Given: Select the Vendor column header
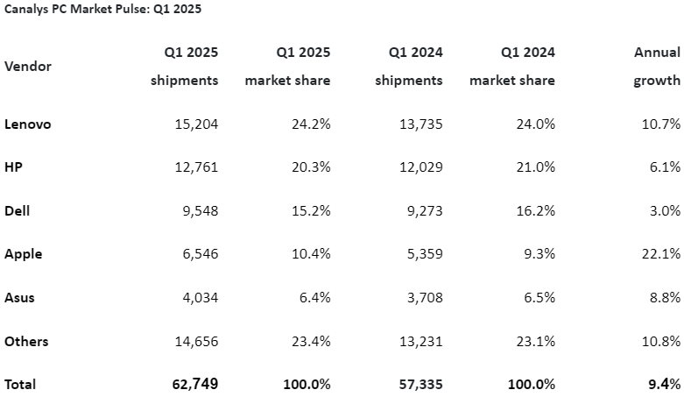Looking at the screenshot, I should coord(28,67).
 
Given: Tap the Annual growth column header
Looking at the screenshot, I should coord(657,67).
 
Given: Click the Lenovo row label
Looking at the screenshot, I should coord(28,124).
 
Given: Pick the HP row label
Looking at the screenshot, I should coord(13,167).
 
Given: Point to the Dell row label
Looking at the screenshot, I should coord(18,211).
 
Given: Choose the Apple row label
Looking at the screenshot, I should coord(24,254).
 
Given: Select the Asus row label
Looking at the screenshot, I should coord(20,298).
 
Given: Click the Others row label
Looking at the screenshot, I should coord(26,341).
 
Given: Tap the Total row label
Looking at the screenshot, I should coord(21,384).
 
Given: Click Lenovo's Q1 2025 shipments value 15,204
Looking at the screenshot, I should coord(197,124).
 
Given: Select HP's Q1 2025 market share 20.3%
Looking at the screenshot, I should coord(311,167).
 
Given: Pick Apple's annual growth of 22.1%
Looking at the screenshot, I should coord(661,254).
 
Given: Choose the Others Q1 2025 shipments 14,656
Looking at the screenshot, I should coord(197,341).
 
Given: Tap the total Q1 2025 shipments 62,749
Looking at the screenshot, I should coord(195,384).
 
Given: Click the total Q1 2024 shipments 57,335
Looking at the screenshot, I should coord(420,384).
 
